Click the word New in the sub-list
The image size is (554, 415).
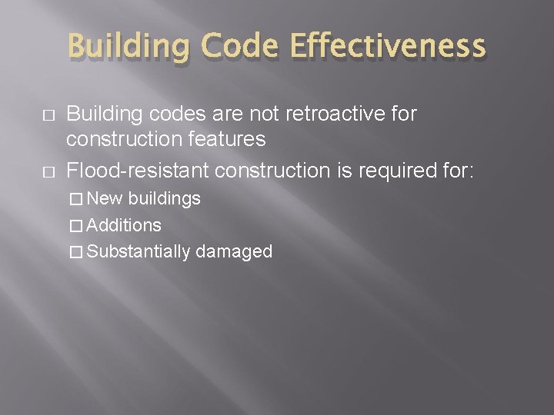105,198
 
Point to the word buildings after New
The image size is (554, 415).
164,198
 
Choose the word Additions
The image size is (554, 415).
124,225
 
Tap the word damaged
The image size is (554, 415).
235,251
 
